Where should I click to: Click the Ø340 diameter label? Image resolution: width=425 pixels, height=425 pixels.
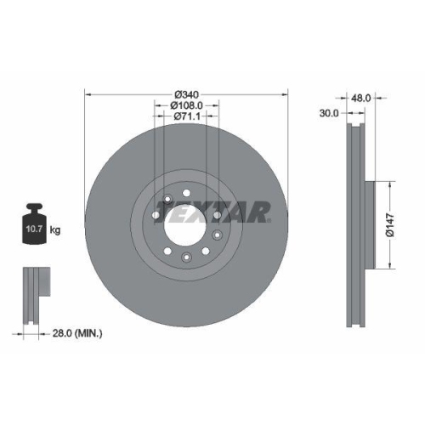tap(187, 94)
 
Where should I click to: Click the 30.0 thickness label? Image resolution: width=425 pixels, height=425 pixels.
tap(329, 113)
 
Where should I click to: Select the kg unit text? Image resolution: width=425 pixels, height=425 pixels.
tap(56, 229)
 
